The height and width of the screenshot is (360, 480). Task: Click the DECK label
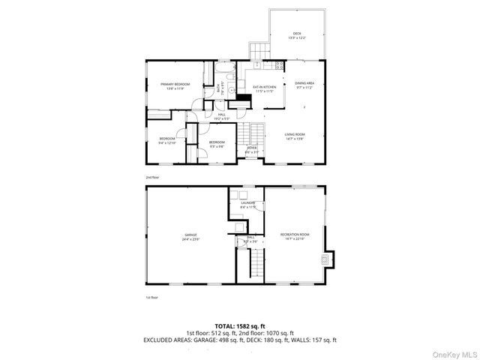click(x=297, y=36)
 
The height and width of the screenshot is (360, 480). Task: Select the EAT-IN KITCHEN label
click(x=264, y=89)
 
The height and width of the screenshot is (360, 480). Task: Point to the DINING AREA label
click(x=304, y=85)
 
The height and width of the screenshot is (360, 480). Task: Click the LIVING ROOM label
click(x=295, y=136)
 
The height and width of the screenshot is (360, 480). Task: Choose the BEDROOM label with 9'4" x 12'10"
click(x=166, y=140)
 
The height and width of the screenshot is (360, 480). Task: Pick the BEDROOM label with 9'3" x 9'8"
click(x=217, y=143)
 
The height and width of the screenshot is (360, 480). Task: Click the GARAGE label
click(x=191, y=237)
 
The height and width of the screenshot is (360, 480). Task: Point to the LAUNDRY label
click(x=248, y=204)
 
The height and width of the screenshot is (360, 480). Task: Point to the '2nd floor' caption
click(x=153, y=178)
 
